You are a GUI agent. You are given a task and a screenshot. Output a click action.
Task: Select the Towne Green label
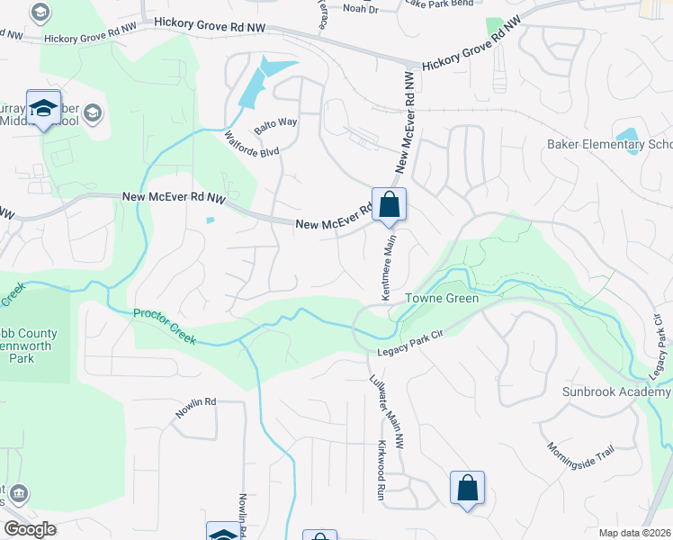441,298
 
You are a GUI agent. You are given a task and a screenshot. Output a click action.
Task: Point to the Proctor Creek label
163,326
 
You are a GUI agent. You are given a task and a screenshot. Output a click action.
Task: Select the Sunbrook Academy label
617,391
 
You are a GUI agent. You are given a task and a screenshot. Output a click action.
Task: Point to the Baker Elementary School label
610,145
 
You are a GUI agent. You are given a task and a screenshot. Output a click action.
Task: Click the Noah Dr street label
362,8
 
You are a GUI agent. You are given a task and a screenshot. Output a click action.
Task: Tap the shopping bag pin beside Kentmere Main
389,204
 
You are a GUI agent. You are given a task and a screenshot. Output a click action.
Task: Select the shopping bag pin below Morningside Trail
467,489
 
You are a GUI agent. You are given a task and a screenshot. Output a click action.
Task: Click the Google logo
31,529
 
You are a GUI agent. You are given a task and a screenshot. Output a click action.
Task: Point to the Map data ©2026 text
634,533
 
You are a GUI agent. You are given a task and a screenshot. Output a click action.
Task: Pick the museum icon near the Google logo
19,493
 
